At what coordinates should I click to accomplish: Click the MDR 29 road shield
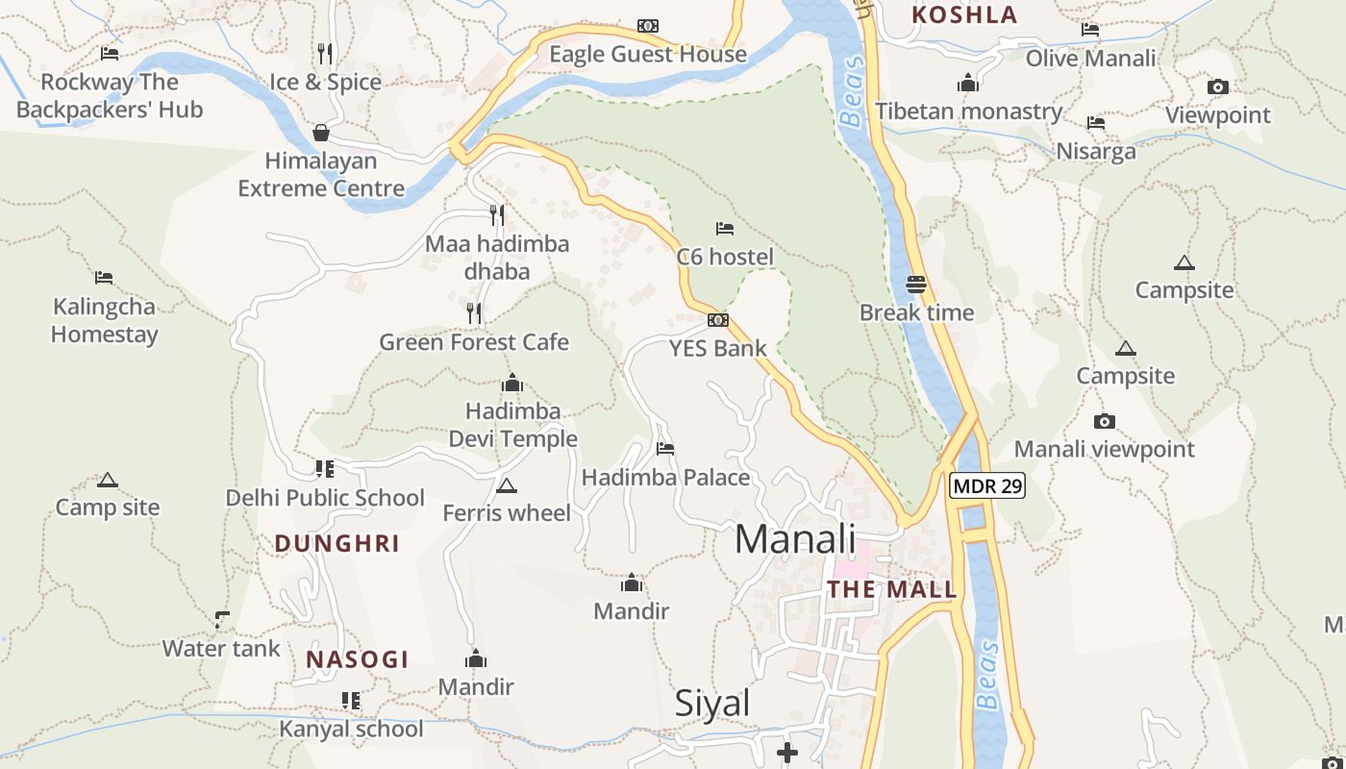987,486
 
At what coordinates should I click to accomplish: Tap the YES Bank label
718,348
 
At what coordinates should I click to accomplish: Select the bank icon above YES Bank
717,320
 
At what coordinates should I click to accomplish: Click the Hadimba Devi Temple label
513,425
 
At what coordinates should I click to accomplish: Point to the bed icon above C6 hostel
725,229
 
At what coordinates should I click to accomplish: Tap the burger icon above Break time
916,285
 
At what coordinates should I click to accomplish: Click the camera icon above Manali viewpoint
1105,421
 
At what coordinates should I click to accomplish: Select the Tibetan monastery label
968,112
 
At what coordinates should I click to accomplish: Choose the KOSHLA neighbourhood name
964,15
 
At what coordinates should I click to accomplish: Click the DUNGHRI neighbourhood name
337,544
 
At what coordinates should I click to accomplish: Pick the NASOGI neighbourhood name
358,660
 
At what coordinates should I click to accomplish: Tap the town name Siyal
712,704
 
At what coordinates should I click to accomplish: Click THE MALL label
892,590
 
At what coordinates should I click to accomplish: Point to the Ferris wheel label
507,513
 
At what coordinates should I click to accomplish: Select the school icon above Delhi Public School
325,469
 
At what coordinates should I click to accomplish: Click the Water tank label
221,649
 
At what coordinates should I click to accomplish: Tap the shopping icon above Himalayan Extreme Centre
321,133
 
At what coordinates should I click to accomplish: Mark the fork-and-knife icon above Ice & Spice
325,53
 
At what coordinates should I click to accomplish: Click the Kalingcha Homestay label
105,321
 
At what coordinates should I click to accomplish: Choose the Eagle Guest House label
648,55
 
